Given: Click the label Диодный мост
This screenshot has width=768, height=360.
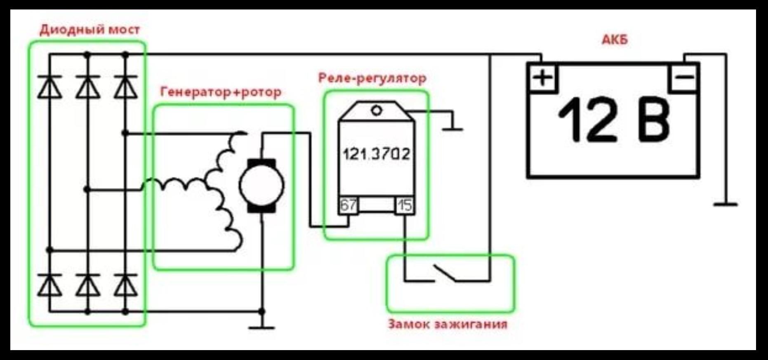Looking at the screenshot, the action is [90, 30].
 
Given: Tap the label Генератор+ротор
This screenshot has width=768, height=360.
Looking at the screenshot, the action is [221, 92].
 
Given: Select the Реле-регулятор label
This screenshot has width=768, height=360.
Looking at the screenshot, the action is [372, 78].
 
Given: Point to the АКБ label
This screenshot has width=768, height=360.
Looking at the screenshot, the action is [615, 40].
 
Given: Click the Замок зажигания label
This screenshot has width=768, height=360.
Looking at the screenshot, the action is [448, 324].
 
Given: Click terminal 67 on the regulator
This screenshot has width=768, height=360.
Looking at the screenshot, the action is [349, 205].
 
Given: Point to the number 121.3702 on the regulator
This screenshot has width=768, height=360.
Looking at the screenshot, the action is [377, 154].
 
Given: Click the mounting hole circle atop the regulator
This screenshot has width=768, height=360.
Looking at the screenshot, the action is [376, 110].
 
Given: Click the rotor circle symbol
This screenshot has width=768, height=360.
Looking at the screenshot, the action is [262, 185].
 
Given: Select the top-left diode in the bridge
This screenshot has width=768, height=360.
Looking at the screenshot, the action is [49, 87].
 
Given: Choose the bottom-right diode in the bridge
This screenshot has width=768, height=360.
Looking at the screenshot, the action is [126, 285].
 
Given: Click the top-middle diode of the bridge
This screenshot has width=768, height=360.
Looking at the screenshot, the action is [87, 87].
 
